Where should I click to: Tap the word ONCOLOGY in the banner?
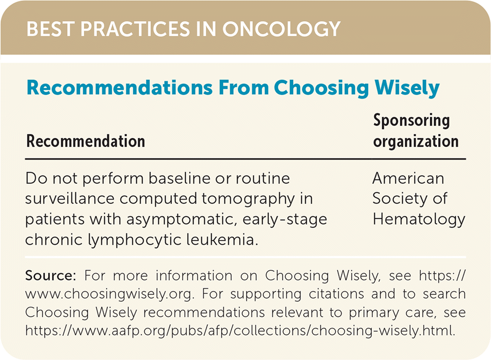[x=281, y=29]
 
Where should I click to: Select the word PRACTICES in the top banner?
[x=135, y=29]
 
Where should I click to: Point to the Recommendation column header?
[x=85, y=141]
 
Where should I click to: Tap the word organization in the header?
[x=416, y=142]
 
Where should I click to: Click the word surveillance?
[x=70, y=199]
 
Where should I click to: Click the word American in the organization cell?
[x=408, y=178]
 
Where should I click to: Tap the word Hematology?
[x=419, y=219]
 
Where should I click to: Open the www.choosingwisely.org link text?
[x=108, y=294]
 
